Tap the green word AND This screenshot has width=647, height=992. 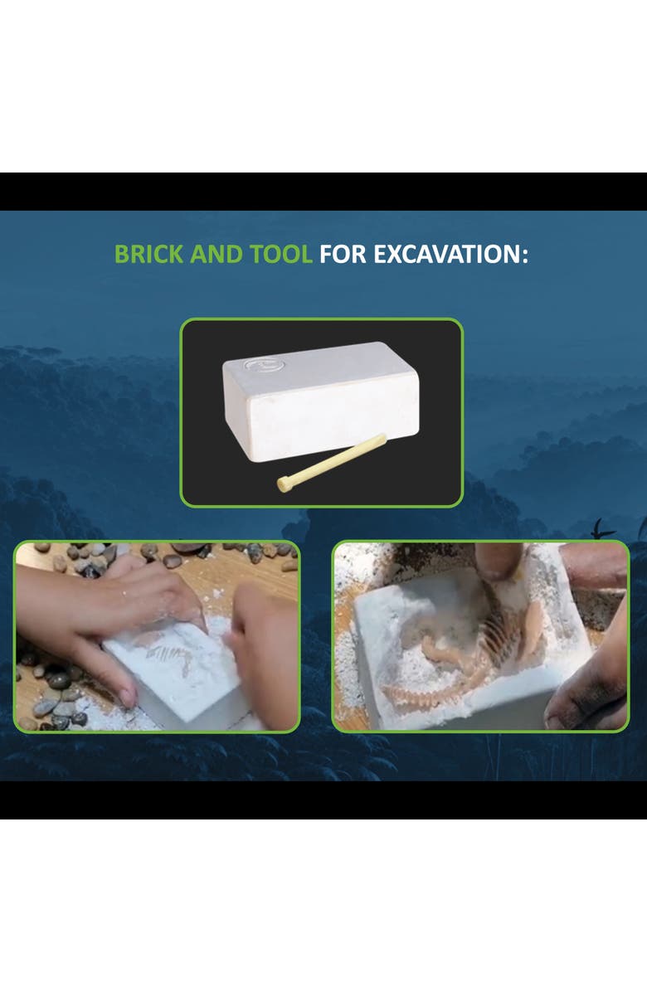point(216,255)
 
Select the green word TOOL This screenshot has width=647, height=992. point(280,255)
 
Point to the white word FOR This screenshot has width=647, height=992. point(343,255)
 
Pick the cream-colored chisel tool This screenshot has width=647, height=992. point(332,463)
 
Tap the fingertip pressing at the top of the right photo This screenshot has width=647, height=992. point(498,561)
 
